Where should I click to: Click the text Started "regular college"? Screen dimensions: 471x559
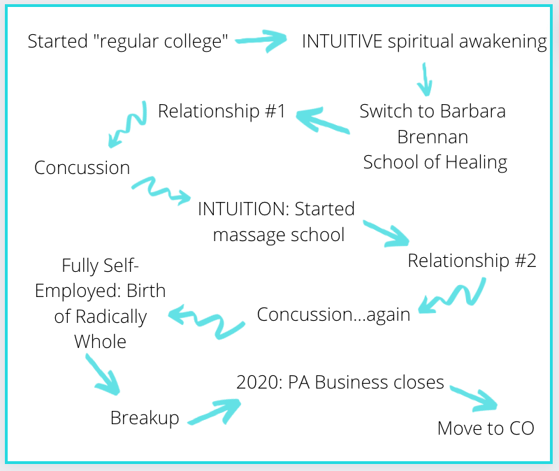(129, 41)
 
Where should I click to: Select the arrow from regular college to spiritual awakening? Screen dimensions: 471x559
(262, 40)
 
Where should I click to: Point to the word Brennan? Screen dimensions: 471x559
(435, 136)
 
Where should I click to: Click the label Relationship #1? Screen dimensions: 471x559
(222, 111)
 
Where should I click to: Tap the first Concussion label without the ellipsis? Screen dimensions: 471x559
(82, 168)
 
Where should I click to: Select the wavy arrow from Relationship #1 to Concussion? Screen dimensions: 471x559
(128, 126)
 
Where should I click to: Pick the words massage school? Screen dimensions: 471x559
(278, 234)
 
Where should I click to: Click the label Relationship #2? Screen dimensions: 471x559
(472, 261)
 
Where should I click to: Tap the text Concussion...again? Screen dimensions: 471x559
(333, 314)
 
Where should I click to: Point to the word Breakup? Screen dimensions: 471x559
(145, 418)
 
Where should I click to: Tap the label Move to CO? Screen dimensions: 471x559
(486, 428)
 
